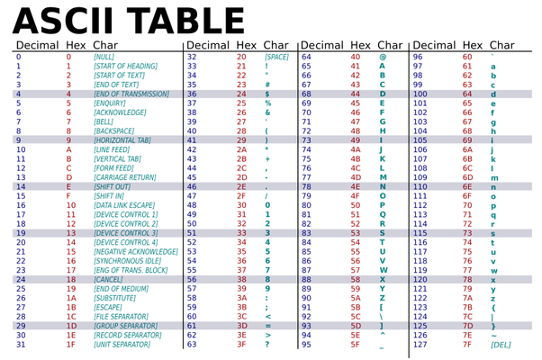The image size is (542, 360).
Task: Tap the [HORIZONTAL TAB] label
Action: click(125, 139)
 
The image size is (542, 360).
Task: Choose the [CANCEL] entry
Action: click(109, 279)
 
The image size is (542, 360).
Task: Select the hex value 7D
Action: click(466, 325)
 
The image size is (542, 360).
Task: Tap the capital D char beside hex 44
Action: click(383, 93)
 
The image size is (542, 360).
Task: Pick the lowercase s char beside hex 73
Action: click(492, 232)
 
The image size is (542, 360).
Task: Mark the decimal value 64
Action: click(306, 56)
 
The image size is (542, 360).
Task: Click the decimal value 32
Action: click(191, 56)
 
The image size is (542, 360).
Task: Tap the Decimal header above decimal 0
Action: click(36, 44)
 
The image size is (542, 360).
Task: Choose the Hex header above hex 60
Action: click(472, 44)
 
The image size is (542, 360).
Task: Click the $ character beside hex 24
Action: click(268, 93)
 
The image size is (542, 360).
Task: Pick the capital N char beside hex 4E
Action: click(383, 186)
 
